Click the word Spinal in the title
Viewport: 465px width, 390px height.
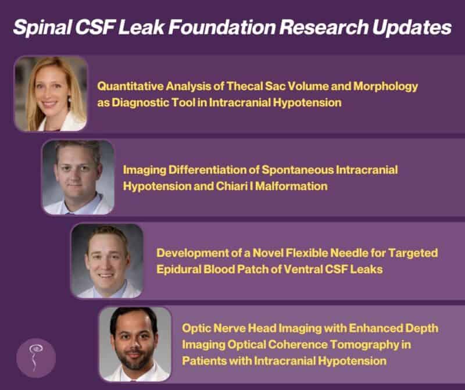coord(42,27)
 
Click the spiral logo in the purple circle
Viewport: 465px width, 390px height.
coord(36,357)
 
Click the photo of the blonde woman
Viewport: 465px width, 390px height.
coord(51,94)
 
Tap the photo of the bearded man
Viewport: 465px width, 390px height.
coord(135,344)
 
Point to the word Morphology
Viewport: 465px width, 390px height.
coord(385,87)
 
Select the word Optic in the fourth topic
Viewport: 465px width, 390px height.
coord(196,328)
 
